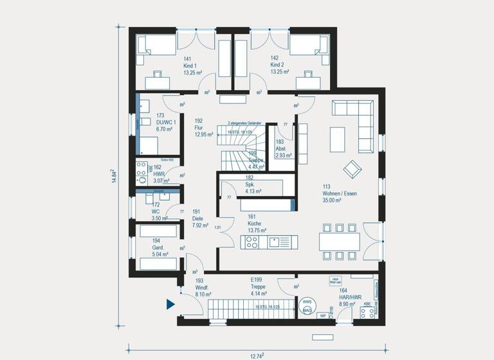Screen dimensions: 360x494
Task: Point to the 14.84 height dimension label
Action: coord(114,177)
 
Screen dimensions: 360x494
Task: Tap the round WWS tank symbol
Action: coord(307,301)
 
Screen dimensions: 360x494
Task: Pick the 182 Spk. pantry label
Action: coord(250,184)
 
